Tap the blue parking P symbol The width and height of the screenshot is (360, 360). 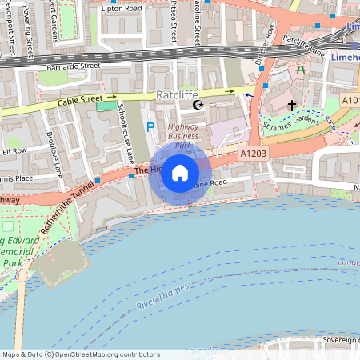click(x=150, y=127)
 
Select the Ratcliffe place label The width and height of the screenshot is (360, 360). click(x=177, y=94)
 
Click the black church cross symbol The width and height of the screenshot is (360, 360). click(x=292, y=105)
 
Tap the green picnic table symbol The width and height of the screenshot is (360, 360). click(x=301, y=70)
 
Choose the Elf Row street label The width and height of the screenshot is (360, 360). click(x=14, y=150)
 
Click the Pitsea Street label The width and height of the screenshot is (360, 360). click(x=173, y=22)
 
